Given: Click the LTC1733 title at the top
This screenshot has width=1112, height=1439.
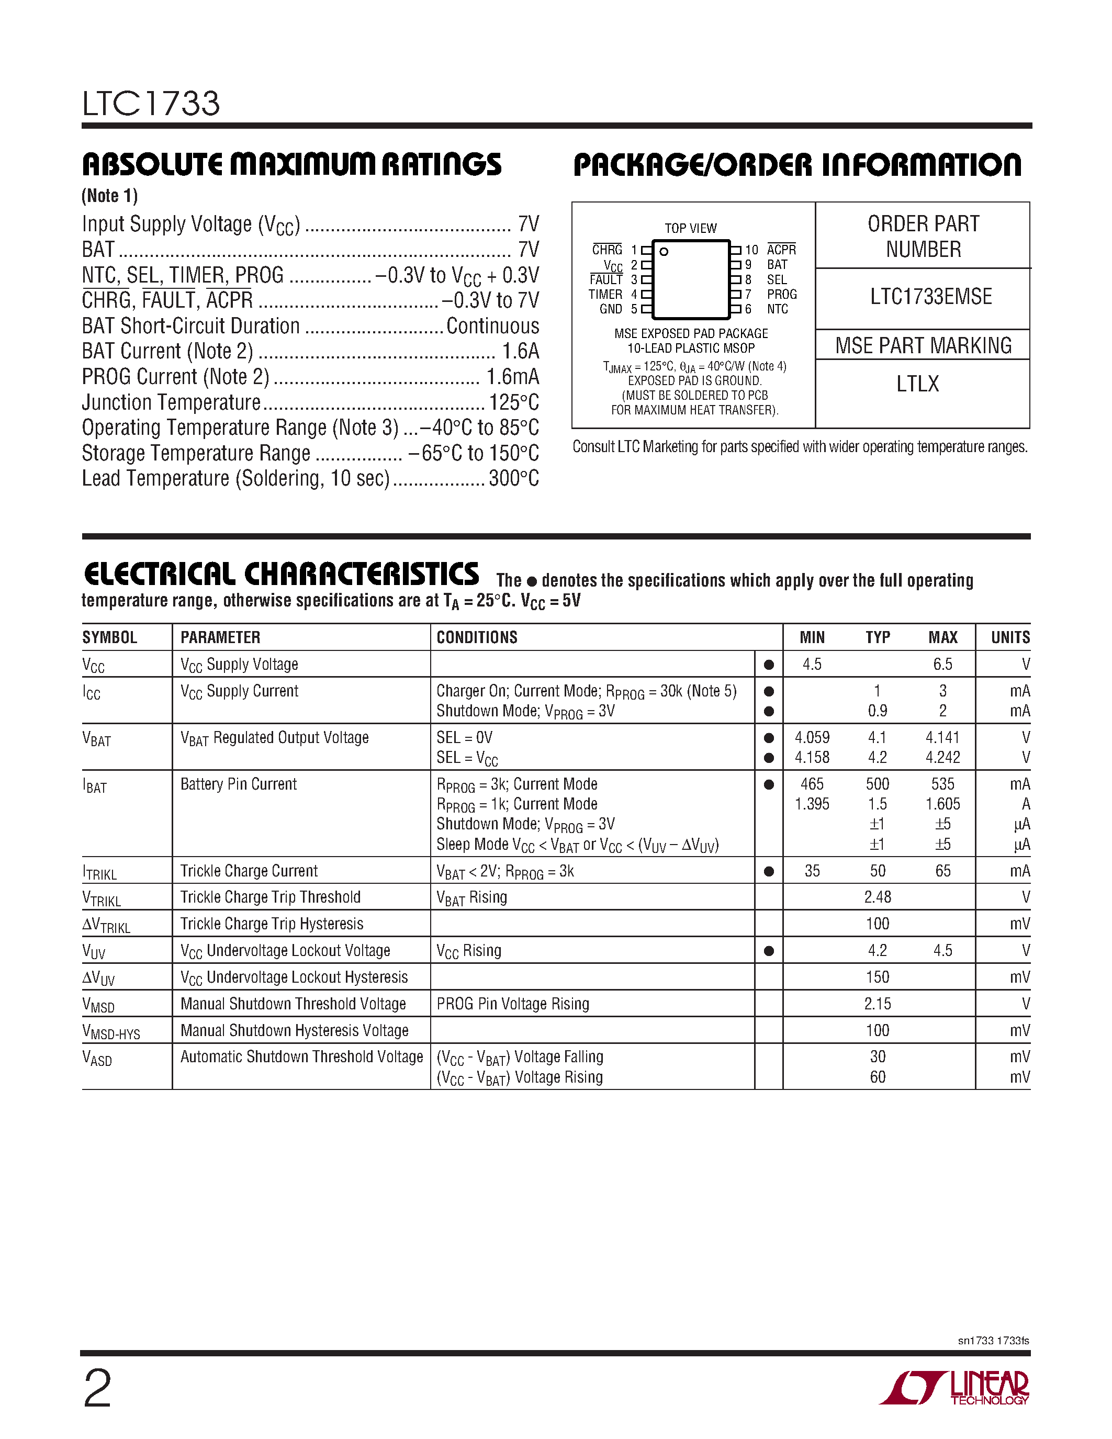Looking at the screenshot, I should [151, 104].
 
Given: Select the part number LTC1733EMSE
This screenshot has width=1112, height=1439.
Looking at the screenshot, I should [930, 297].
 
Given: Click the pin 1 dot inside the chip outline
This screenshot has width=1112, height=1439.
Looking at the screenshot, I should [664, 252].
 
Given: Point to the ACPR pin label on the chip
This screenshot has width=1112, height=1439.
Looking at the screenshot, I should [781, 250].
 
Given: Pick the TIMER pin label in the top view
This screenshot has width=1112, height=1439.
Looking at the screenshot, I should [605, 295].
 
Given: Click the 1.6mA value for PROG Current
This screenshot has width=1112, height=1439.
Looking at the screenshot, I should [512, 377].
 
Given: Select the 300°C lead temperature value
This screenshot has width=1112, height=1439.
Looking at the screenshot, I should [514, 478].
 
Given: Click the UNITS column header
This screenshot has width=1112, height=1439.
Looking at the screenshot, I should [1010, 637].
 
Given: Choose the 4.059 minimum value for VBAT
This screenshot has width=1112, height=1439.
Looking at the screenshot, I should [812, 737].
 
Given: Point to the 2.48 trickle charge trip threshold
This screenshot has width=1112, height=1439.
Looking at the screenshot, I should [878, 897].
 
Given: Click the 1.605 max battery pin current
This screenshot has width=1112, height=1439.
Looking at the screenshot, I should [942, 804].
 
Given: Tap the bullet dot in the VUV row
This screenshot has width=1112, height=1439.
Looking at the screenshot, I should [768, 951].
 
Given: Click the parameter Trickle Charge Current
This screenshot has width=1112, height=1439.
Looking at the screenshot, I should [249, 871].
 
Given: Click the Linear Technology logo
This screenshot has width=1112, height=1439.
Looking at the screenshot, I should [955, 1388].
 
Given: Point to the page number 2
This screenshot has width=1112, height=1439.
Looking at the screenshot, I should [97, 1389].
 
